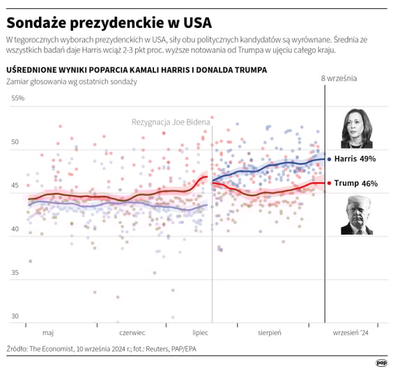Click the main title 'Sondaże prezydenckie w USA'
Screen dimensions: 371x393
click(109, 20)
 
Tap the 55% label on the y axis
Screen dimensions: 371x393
click(17, 98)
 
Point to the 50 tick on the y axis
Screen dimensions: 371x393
click(15, 142)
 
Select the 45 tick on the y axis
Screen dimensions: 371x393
click(15, 186)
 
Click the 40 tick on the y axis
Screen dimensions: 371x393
click(15, 230)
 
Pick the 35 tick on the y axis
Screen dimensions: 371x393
click(15, 274)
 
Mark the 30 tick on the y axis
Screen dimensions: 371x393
click(15, 317)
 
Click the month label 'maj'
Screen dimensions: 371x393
click(48, 333)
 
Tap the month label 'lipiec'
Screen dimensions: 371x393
click(200, 333)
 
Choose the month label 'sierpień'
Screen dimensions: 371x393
click(270, 333)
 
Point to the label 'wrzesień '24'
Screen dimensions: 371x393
click(350, 333)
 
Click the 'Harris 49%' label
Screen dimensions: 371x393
click(355, 159)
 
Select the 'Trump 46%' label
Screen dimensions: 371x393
click(355, 184)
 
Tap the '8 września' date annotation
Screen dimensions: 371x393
click(338, 78)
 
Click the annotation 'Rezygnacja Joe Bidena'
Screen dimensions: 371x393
click(170, 122)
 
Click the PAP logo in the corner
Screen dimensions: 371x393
click(381, 362)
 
